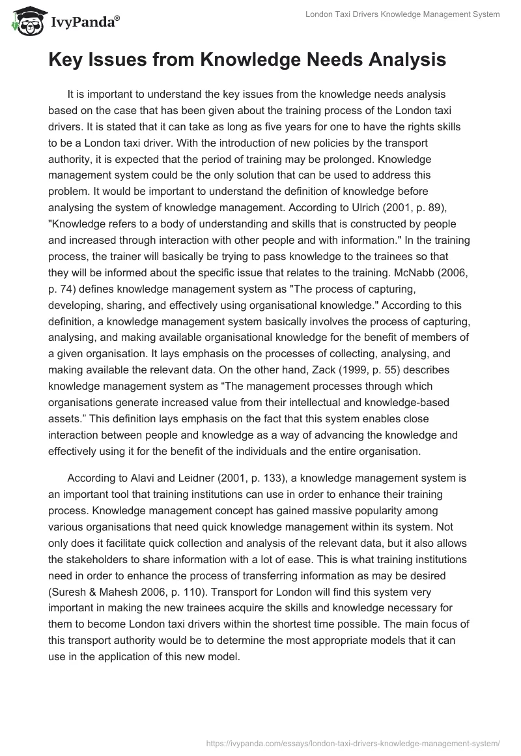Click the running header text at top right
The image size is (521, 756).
pyautogui.click(x=402, y=14)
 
